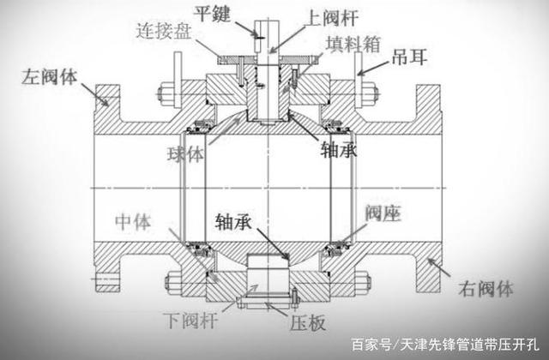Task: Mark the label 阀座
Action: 383,212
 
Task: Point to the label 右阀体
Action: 483,288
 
